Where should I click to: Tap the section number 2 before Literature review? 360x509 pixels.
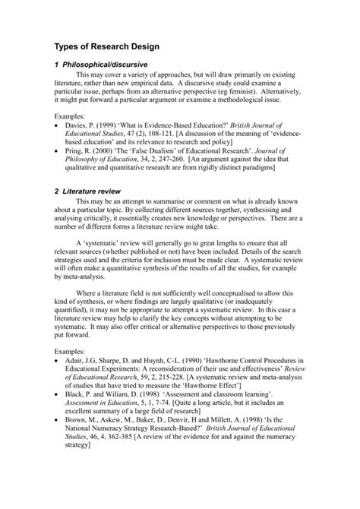click(56, 212)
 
